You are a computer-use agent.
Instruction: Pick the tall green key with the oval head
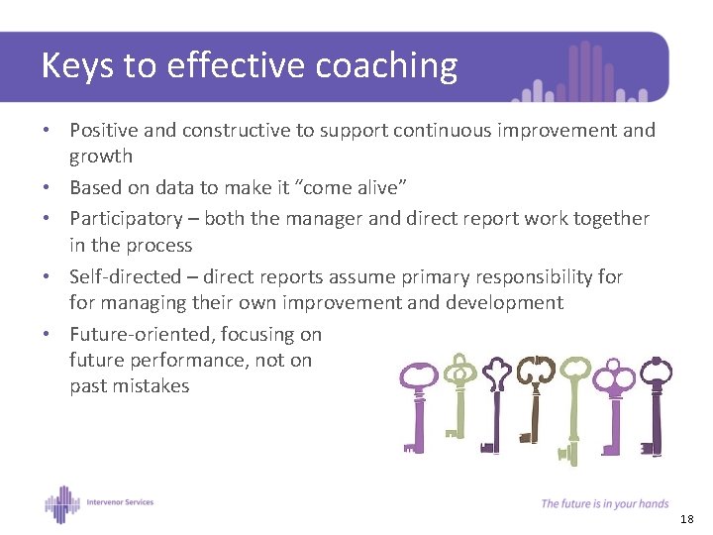[573, 406]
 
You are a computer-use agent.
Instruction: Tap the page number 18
[688, 519]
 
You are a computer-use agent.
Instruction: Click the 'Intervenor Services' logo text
[120, 501]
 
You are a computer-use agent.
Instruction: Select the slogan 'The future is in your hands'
[604, 504]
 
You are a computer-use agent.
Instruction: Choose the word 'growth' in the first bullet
[100, 156]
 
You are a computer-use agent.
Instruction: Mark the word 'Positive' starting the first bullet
[104, 131]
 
